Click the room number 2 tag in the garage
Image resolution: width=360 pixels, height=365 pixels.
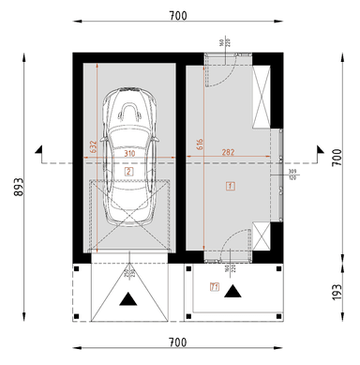tap(128, 173)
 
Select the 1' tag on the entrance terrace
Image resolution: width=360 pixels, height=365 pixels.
tap(215, 287)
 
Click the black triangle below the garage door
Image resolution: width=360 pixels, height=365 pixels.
tap(128, 299)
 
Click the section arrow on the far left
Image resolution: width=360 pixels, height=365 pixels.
tap(37, 148)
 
